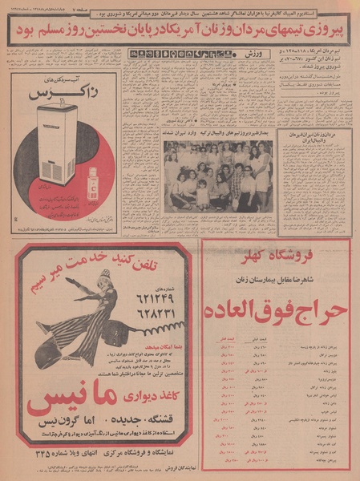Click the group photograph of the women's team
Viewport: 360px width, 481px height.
coord(218,176)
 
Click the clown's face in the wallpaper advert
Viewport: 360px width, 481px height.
coord(60,283)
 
